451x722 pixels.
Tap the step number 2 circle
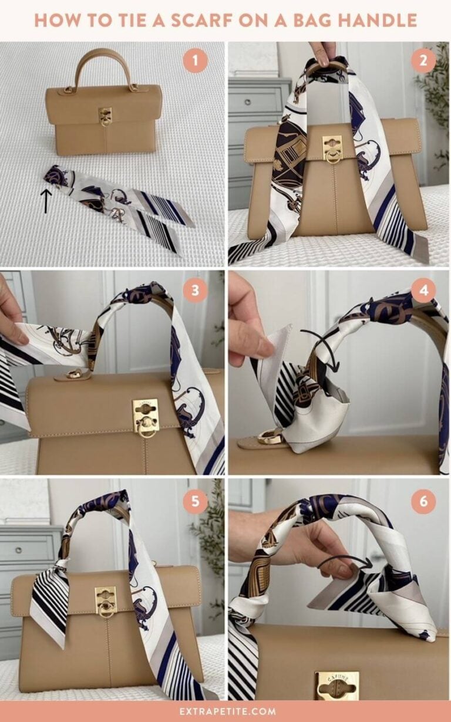(x=423, y=60)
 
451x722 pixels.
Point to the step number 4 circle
(x=423, y=290)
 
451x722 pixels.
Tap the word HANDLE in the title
(x=376, y=20)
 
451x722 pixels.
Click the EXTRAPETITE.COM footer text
(x=225, y=711)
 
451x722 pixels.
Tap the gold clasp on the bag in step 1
(x=105, y=116)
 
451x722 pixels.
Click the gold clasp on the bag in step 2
(x=332, y=149)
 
